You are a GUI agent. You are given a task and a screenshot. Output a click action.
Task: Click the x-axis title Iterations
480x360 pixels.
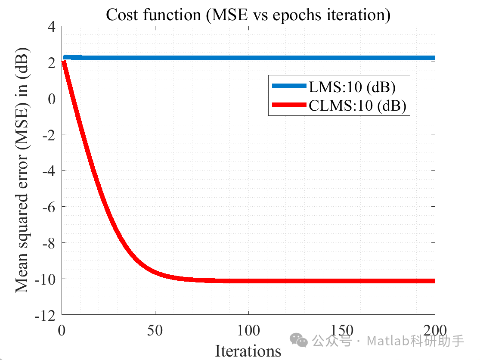[x=248, y=351]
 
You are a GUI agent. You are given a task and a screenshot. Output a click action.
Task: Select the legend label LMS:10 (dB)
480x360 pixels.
[x=352, y=87]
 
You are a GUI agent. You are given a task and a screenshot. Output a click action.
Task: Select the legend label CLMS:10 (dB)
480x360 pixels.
[x=357, y=106]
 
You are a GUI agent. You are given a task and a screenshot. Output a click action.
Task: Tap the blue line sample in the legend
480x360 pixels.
[x=289, y=87]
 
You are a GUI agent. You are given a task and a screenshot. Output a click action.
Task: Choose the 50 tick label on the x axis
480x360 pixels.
[x=155, y=331]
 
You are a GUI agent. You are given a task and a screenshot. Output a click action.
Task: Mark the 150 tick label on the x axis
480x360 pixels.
[x=341, y=331]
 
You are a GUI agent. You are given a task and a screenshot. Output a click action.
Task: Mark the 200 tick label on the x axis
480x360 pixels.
[x=434, y=331]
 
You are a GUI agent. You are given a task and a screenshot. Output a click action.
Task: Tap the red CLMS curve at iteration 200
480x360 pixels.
[x=433, y=281]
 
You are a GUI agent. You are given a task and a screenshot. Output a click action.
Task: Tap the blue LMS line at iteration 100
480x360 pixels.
[x=248, y=58]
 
